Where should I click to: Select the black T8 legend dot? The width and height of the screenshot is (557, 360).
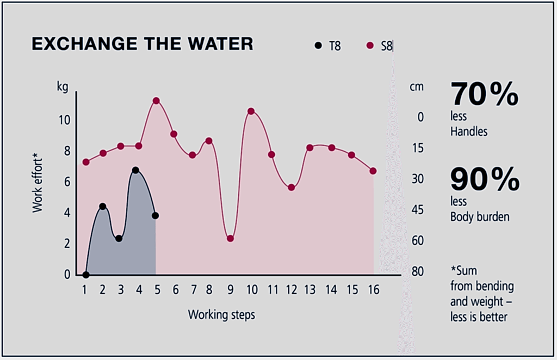[x=318, y=46]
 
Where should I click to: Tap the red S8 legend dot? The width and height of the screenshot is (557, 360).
[x=370, y=46]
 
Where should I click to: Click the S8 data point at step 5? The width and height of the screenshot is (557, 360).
[x=156, y=101]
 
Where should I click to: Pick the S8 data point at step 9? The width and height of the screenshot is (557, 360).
[x=230, y=238]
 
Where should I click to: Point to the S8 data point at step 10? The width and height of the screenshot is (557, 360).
[x=251, y=111]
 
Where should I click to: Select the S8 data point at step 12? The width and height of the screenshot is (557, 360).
[x=292, y=188]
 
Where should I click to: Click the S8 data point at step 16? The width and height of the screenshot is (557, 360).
[x=373, y=171]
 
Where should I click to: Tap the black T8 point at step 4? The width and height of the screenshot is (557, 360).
[x=135, y=170]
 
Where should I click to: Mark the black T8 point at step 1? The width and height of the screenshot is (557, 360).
[x=86, y=275]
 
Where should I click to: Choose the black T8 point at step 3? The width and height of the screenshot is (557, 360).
[x=119, y=238]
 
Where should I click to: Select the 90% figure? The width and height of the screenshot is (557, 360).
[x=484, y=180]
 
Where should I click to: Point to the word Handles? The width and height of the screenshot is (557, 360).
[x=469, y=132]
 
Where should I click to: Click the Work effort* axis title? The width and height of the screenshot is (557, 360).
[x=37, y=182]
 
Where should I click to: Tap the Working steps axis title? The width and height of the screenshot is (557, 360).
[x=221, y=314]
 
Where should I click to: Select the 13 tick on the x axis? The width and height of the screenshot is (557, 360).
[x=310, y=289]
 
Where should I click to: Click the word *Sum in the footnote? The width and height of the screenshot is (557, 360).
[x=464, y=270]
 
